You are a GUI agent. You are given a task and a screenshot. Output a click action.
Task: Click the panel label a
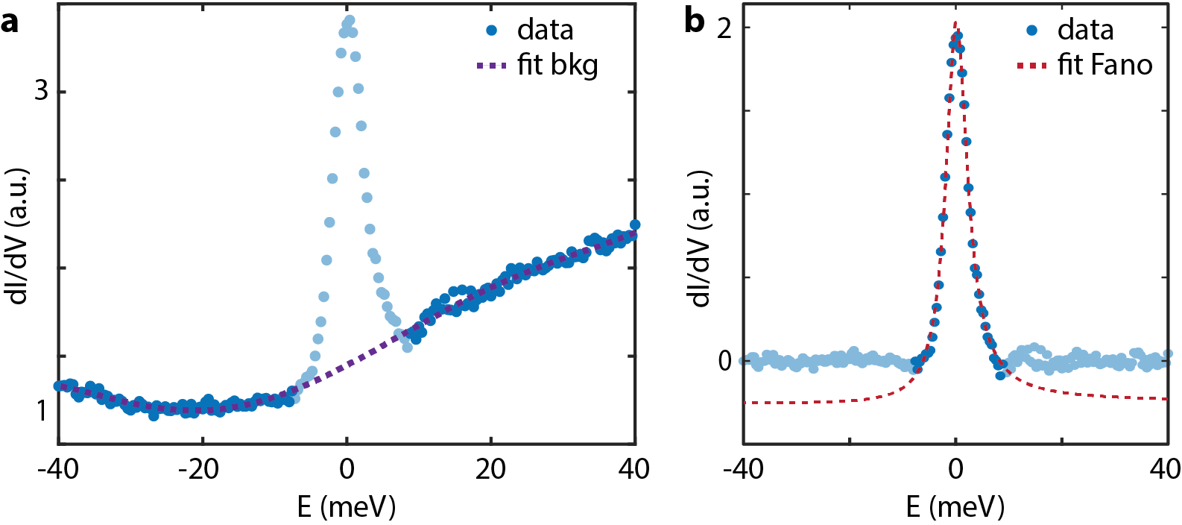10,22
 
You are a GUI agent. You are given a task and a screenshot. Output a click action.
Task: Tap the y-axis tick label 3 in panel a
41,91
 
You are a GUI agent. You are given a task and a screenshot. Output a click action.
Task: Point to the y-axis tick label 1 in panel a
42,409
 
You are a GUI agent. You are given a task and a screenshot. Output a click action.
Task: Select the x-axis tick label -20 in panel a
199,469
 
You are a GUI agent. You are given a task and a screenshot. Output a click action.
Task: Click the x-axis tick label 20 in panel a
490,469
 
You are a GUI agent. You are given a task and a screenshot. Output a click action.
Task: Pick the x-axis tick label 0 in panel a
347,469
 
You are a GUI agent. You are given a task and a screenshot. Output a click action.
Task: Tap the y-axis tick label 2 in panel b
724,28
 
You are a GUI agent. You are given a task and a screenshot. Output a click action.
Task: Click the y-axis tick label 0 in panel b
724,361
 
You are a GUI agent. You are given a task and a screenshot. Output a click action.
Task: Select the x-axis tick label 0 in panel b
955,469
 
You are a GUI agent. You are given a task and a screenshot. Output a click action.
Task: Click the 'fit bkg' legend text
557,66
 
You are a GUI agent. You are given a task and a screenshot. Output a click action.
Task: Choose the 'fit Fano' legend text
1104,66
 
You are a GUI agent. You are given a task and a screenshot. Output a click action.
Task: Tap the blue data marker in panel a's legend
492,31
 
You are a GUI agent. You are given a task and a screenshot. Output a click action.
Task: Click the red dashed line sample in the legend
1032,66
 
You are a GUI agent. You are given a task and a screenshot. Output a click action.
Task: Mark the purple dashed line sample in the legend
492,66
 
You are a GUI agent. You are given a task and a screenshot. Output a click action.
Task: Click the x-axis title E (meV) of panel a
347,507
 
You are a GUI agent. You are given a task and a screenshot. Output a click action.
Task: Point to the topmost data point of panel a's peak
349,20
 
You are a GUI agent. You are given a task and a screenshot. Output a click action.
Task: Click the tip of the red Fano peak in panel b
955,22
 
